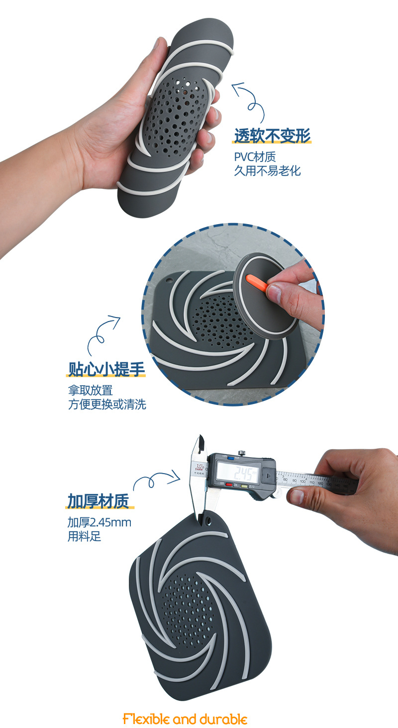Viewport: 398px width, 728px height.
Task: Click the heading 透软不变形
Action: [x=272, y=135]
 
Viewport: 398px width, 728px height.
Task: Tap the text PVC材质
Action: [x=254, y=157]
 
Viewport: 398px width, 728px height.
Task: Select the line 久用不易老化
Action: [x=267, y=171]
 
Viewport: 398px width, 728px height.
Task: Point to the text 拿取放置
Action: [x=90, y=390]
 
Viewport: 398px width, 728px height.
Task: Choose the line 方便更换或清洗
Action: [x=107, y=404]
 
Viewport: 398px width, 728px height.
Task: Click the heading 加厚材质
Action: [x=98, y=501]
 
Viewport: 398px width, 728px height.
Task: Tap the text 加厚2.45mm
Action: [x=99, y=522]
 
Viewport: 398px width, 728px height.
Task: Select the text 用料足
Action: [x=84, y=537]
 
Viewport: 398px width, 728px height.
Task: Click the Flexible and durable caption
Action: [x=185, y=719]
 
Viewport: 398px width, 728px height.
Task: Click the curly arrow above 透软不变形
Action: [x=249, y=98]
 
